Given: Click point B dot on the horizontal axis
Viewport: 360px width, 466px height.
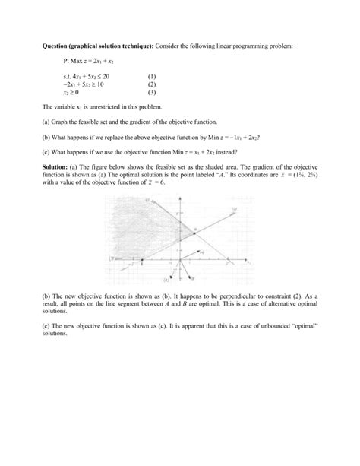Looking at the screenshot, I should tap(141, 260).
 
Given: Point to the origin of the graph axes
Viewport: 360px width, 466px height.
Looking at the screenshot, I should tap(179, 260).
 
